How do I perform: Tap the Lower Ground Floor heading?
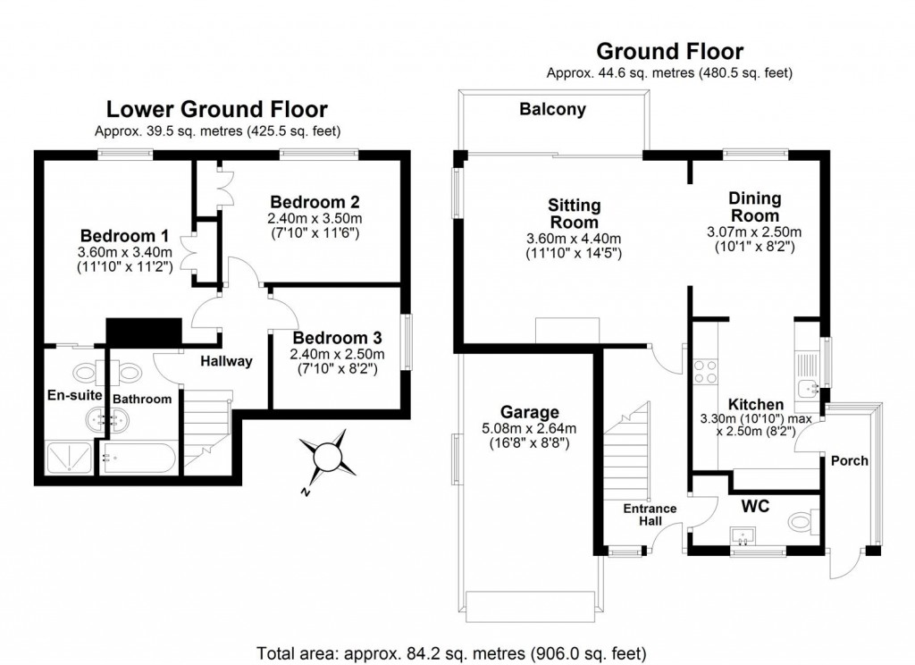[x=217, y=110]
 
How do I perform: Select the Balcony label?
[x=553, y=110]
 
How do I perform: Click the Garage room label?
[x=530, y=412]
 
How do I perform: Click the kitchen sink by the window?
[x=810, y=387]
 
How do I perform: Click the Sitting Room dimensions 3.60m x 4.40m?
[x=574, y=239]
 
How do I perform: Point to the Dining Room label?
[x=754, y=206]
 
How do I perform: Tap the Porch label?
[x=849, y=461]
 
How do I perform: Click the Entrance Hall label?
[x=650, y=516]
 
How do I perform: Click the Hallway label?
[x=226, y=362]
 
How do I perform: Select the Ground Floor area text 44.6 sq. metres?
[x=669, y=72]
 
